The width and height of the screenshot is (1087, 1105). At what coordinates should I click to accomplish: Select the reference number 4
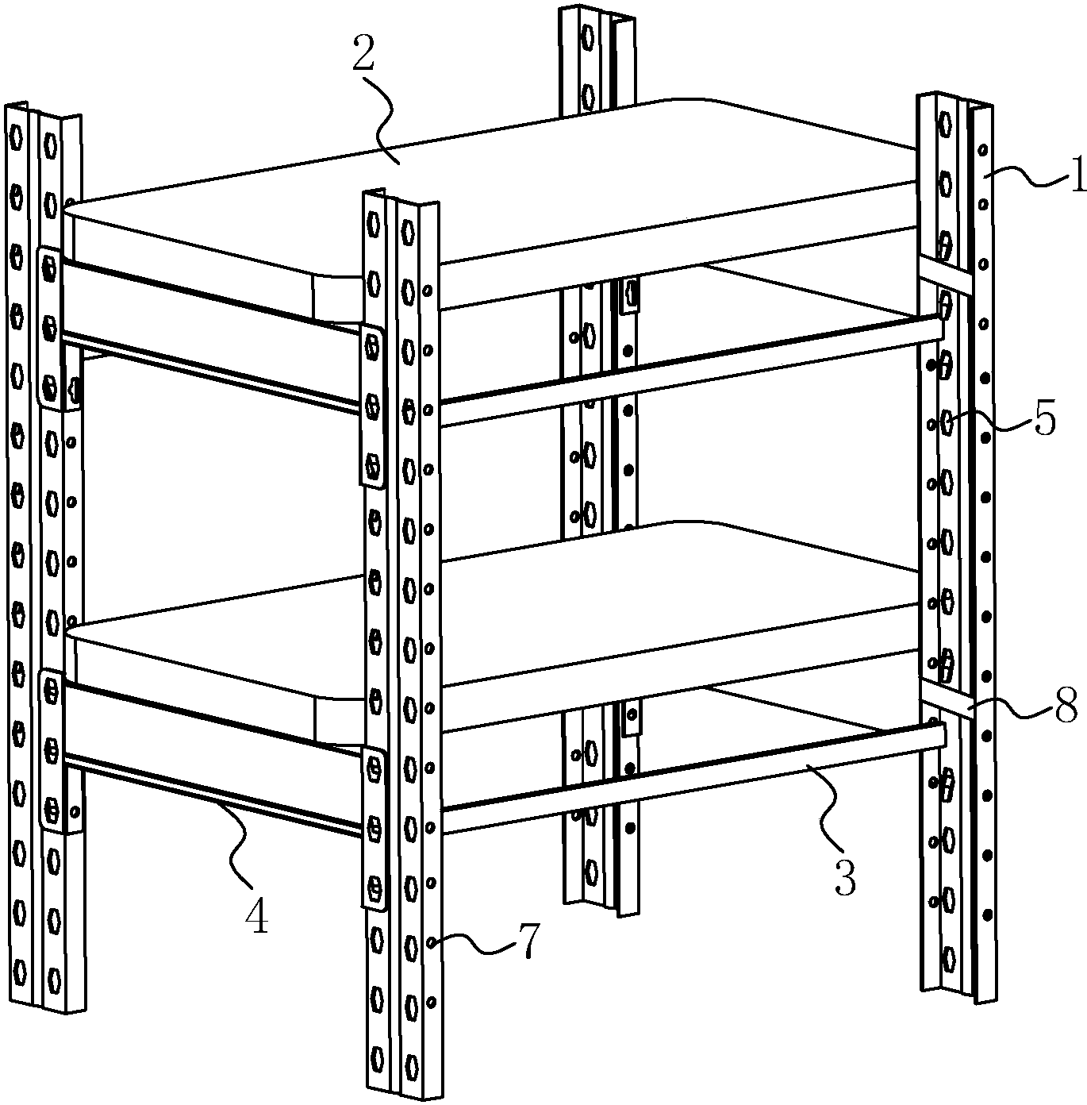pyautogui.click(x=255, y=917)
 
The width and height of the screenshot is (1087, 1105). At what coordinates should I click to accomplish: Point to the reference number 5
pyautogui.click(x=1045, y=418)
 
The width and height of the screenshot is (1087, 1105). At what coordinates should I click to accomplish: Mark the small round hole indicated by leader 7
pyautogui.click(x=432, y=942)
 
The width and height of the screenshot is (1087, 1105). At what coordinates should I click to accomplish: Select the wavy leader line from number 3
pyautogui.click(x=825, y=814)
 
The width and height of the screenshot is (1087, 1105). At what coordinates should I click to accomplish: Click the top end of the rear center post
pyautogui.click(x=597, y=14)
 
